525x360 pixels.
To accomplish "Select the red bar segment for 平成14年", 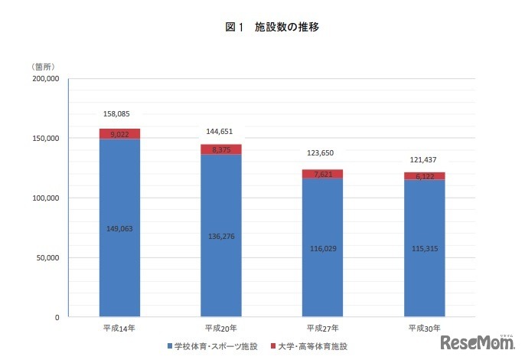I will coord(119,134).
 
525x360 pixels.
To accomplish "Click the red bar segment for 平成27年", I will coord(322,175).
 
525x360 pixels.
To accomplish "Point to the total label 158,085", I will coord(119,114).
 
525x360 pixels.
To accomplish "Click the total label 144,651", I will coord(220,132).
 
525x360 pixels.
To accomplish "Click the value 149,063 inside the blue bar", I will coord(119,227).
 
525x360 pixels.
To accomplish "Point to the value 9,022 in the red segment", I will coord(119,134).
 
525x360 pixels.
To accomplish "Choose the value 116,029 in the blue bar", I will coord(322,248).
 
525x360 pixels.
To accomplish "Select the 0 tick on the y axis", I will coord(57,317).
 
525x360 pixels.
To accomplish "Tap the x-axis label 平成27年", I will coord(322,328).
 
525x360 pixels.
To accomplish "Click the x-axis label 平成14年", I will coord(119,328).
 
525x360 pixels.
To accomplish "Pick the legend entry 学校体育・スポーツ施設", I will coord(217,347).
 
